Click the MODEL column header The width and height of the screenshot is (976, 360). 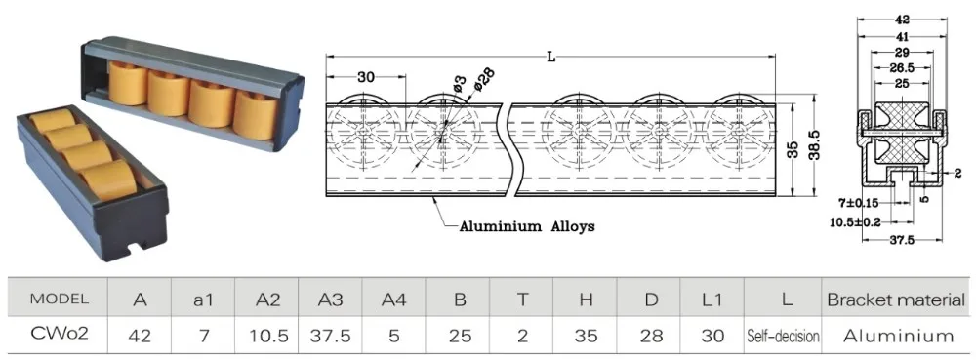coord(60,300)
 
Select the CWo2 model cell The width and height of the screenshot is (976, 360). coord(60,334)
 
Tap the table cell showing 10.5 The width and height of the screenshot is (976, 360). coord(268,337)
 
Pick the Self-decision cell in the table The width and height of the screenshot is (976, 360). coord(783,337)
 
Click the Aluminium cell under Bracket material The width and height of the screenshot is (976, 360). coord(898,337)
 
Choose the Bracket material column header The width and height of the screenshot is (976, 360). coord(896,300)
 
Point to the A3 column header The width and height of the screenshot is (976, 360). coord(331,300)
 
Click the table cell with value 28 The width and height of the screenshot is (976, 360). coord(651,337)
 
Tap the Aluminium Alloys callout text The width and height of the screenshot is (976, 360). coord(527,226)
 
